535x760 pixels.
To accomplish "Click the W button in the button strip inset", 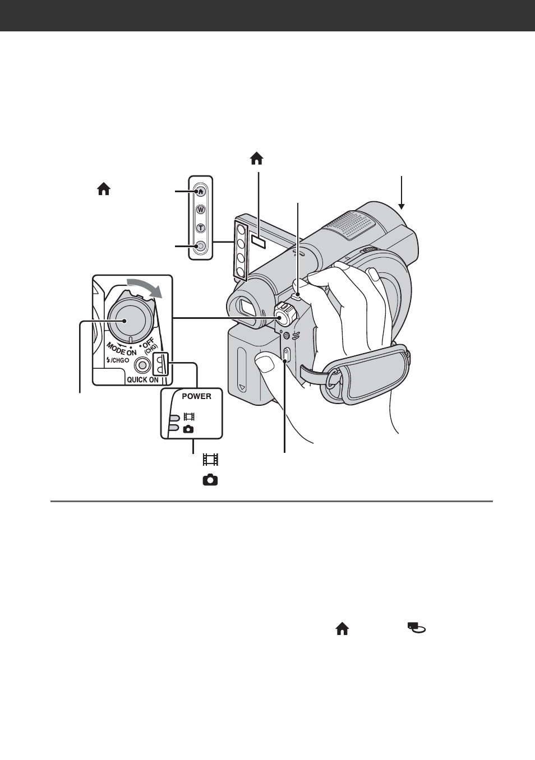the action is pyautogui.click(x=201, y=210).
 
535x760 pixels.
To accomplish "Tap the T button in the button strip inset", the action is pyautogui.click(x=201, y=228).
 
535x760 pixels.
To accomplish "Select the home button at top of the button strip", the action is pyautogui.click(x=201, y=191).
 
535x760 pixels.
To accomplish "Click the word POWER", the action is pyautogui.click(x=196, y=396).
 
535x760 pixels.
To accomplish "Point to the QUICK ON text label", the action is pyautogui.click(x=142, y=379).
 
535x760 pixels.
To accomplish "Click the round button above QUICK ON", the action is pyautogui.click(x=142, y=365).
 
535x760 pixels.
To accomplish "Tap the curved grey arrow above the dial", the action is pyautogui.click(x=144, y=286).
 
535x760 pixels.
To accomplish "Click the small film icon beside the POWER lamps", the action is pyautogui.click(x=189, y=416).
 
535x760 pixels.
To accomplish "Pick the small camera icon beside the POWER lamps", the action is pyautogui.click(x=188, y=429).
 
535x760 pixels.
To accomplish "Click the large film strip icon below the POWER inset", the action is pyautogui.click(x=210, y=460).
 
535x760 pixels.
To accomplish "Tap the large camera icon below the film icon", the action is pyautogui.click(x=210, y=480).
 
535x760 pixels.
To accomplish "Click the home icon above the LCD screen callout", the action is pyautogui.click(x=257, y=159).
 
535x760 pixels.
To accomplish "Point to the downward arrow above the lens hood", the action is pyautogui.click(x=402, y=193).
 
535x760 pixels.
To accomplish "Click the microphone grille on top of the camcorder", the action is pyautogui.click(x=348, y=226).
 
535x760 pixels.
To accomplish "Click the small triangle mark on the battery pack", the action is pyautogui.click(x=242, y=387).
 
